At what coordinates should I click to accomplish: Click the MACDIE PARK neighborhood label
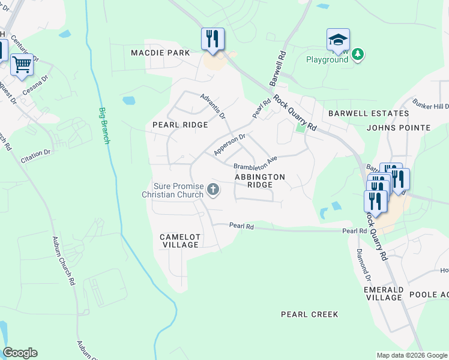click(160, 53)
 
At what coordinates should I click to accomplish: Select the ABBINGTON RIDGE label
click(259, 181)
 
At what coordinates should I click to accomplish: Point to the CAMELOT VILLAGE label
click(179, 241)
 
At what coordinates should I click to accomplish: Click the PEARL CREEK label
click(310, 314)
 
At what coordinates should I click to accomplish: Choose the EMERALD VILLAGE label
click(384, 293)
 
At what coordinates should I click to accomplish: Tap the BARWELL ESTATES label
click(360, 113)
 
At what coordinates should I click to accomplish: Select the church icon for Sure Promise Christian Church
click(212, 190)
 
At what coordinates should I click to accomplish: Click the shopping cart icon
click(22, 64)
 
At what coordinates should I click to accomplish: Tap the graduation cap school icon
click(338, 40)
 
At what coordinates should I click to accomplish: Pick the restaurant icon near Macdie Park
click(212, 39)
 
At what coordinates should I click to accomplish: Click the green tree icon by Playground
click(358, 55)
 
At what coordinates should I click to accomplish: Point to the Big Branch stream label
click(104, 125)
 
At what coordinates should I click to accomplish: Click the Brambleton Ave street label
click(255, 163)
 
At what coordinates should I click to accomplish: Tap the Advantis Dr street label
click(212, 106)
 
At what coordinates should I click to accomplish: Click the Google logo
click(20, 353)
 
